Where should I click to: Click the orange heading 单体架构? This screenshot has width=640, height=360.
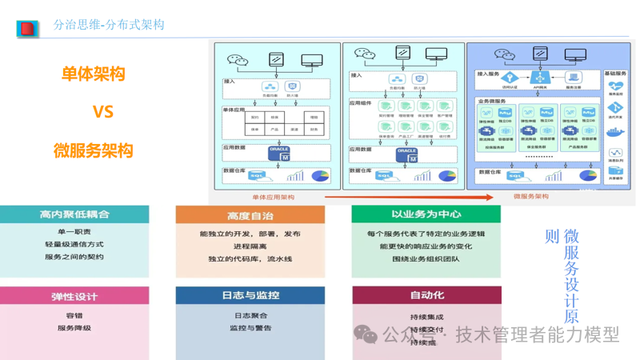pyautogui.click(x=93, y=74)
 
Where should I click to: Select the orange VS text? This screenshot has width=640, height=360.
pyautogui.click(x=102, y=112)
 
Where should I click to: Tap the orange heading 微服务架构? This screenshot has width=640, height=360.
pyautogui.click(x=93, y=150)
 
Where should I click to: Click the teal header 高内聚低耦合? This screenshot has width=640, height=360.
pyautogui.click(x=74, y=214)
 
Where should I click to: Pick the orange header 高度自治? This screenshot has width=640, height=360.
pyautogui.click(x=250, y=215)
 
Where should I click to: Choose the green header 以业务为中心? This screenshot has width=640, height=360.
pyautogui.click(x=426, y=214)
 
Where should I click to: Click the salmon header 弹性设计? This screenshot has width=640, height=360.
pyautogui.click(x=74, y=296)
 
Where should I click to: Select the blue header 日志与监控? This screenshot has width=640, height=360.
pyautogui.click(x=250, y=295)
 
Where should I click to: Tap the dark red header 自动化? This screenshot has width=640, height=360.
pyautogui.click(x=426, y=295)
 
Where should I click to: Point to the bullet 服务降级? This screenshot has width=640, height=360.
pyautogui.click(x=74, y=328)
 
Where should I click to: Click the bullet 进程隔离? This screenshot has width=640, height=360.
pyautogui.click(x=250, y=246)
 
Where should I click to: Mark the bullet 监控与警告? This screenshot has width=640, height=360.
pyautogui.click(x=250, y=328)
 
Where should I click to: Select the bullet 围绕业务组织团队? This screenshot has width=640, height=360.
pyautogui.click(x=426, y=259)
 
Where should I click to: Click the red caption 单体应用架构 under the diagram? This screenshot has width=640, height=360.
pyautogui.click(x=273, y=197)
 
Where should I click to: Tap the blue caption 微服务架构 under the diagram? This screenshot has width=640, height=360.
pyautogui.click(x=530, y=197)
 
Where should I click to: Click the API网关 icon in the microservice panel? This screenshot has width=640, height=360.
pyautogui.click(x=542, y=78)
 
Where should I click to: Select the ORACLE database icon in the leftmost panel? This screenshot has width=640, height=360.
pyautogui.click(x=279, y=154)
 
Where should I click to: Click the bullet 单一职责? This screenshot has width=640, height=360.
pyautogui.click(x=74, y=233)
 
